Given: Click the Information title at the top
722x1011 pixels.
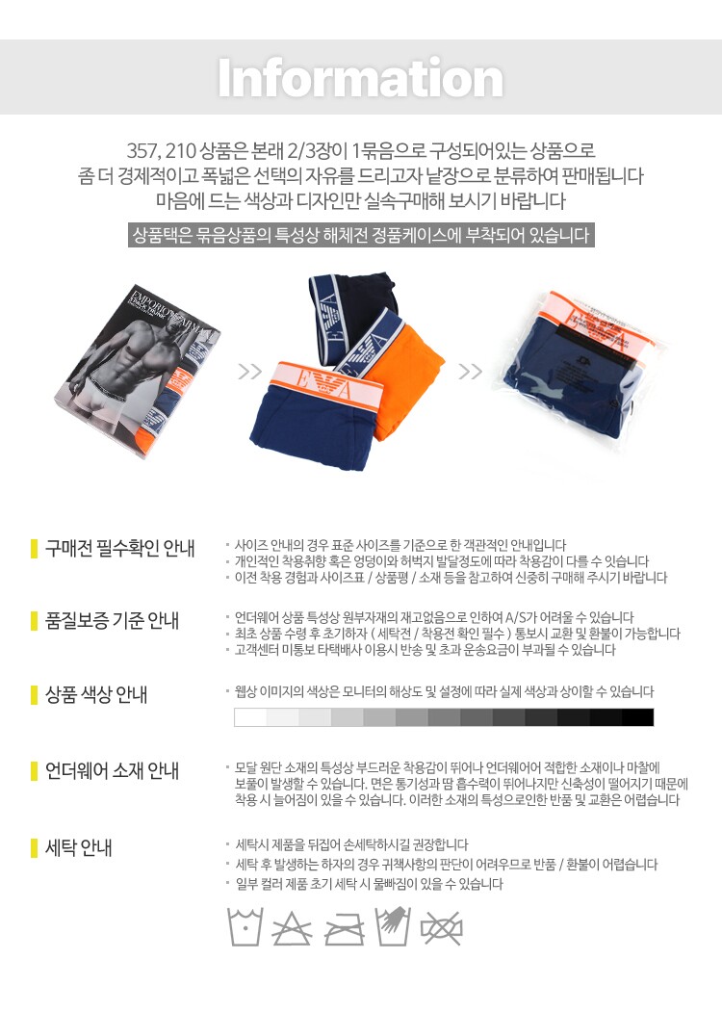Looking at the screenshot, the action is [360, 78].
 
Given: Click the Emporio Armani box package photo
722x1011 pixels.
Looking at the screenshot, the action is [138, 371].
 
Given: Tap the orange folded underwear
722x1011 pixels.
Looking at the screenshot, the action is [407, 380].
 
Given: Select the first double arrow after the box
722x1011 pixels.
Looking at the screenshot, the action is [249, 372].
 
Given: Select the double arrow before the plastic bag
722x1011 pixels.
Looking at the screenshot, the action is [470, 372].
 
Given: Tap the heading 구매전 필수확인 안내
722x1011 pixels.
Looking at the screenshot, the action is [120, 549].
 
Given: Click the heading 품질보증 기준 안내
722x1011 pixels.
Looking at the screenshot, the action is [112, 621].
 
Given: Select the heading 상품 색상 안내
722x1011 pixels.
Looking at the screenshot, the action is [96, 694].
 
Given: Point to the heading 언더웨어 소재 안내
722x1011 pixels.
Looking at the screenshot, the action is [112, 770].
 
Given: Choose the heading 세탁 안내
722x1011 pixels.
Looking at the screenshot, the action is [78, 847].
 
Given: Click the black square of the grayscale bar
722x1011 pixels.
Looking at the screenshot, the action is [637, 717].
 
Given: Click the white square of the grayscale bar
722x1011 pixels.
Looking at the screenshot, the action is [250, 717].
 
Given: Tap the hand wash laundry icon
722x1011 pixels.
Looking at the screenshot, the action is [393, 926].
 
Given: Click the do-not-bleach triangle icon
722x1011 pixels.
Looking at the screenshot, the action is [292, 928].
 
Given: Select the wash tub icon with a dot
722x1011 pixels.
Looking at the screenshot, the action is [245, 927].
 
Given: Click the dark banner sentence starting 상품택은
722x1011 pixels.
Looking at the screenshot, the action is [361, 235].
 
